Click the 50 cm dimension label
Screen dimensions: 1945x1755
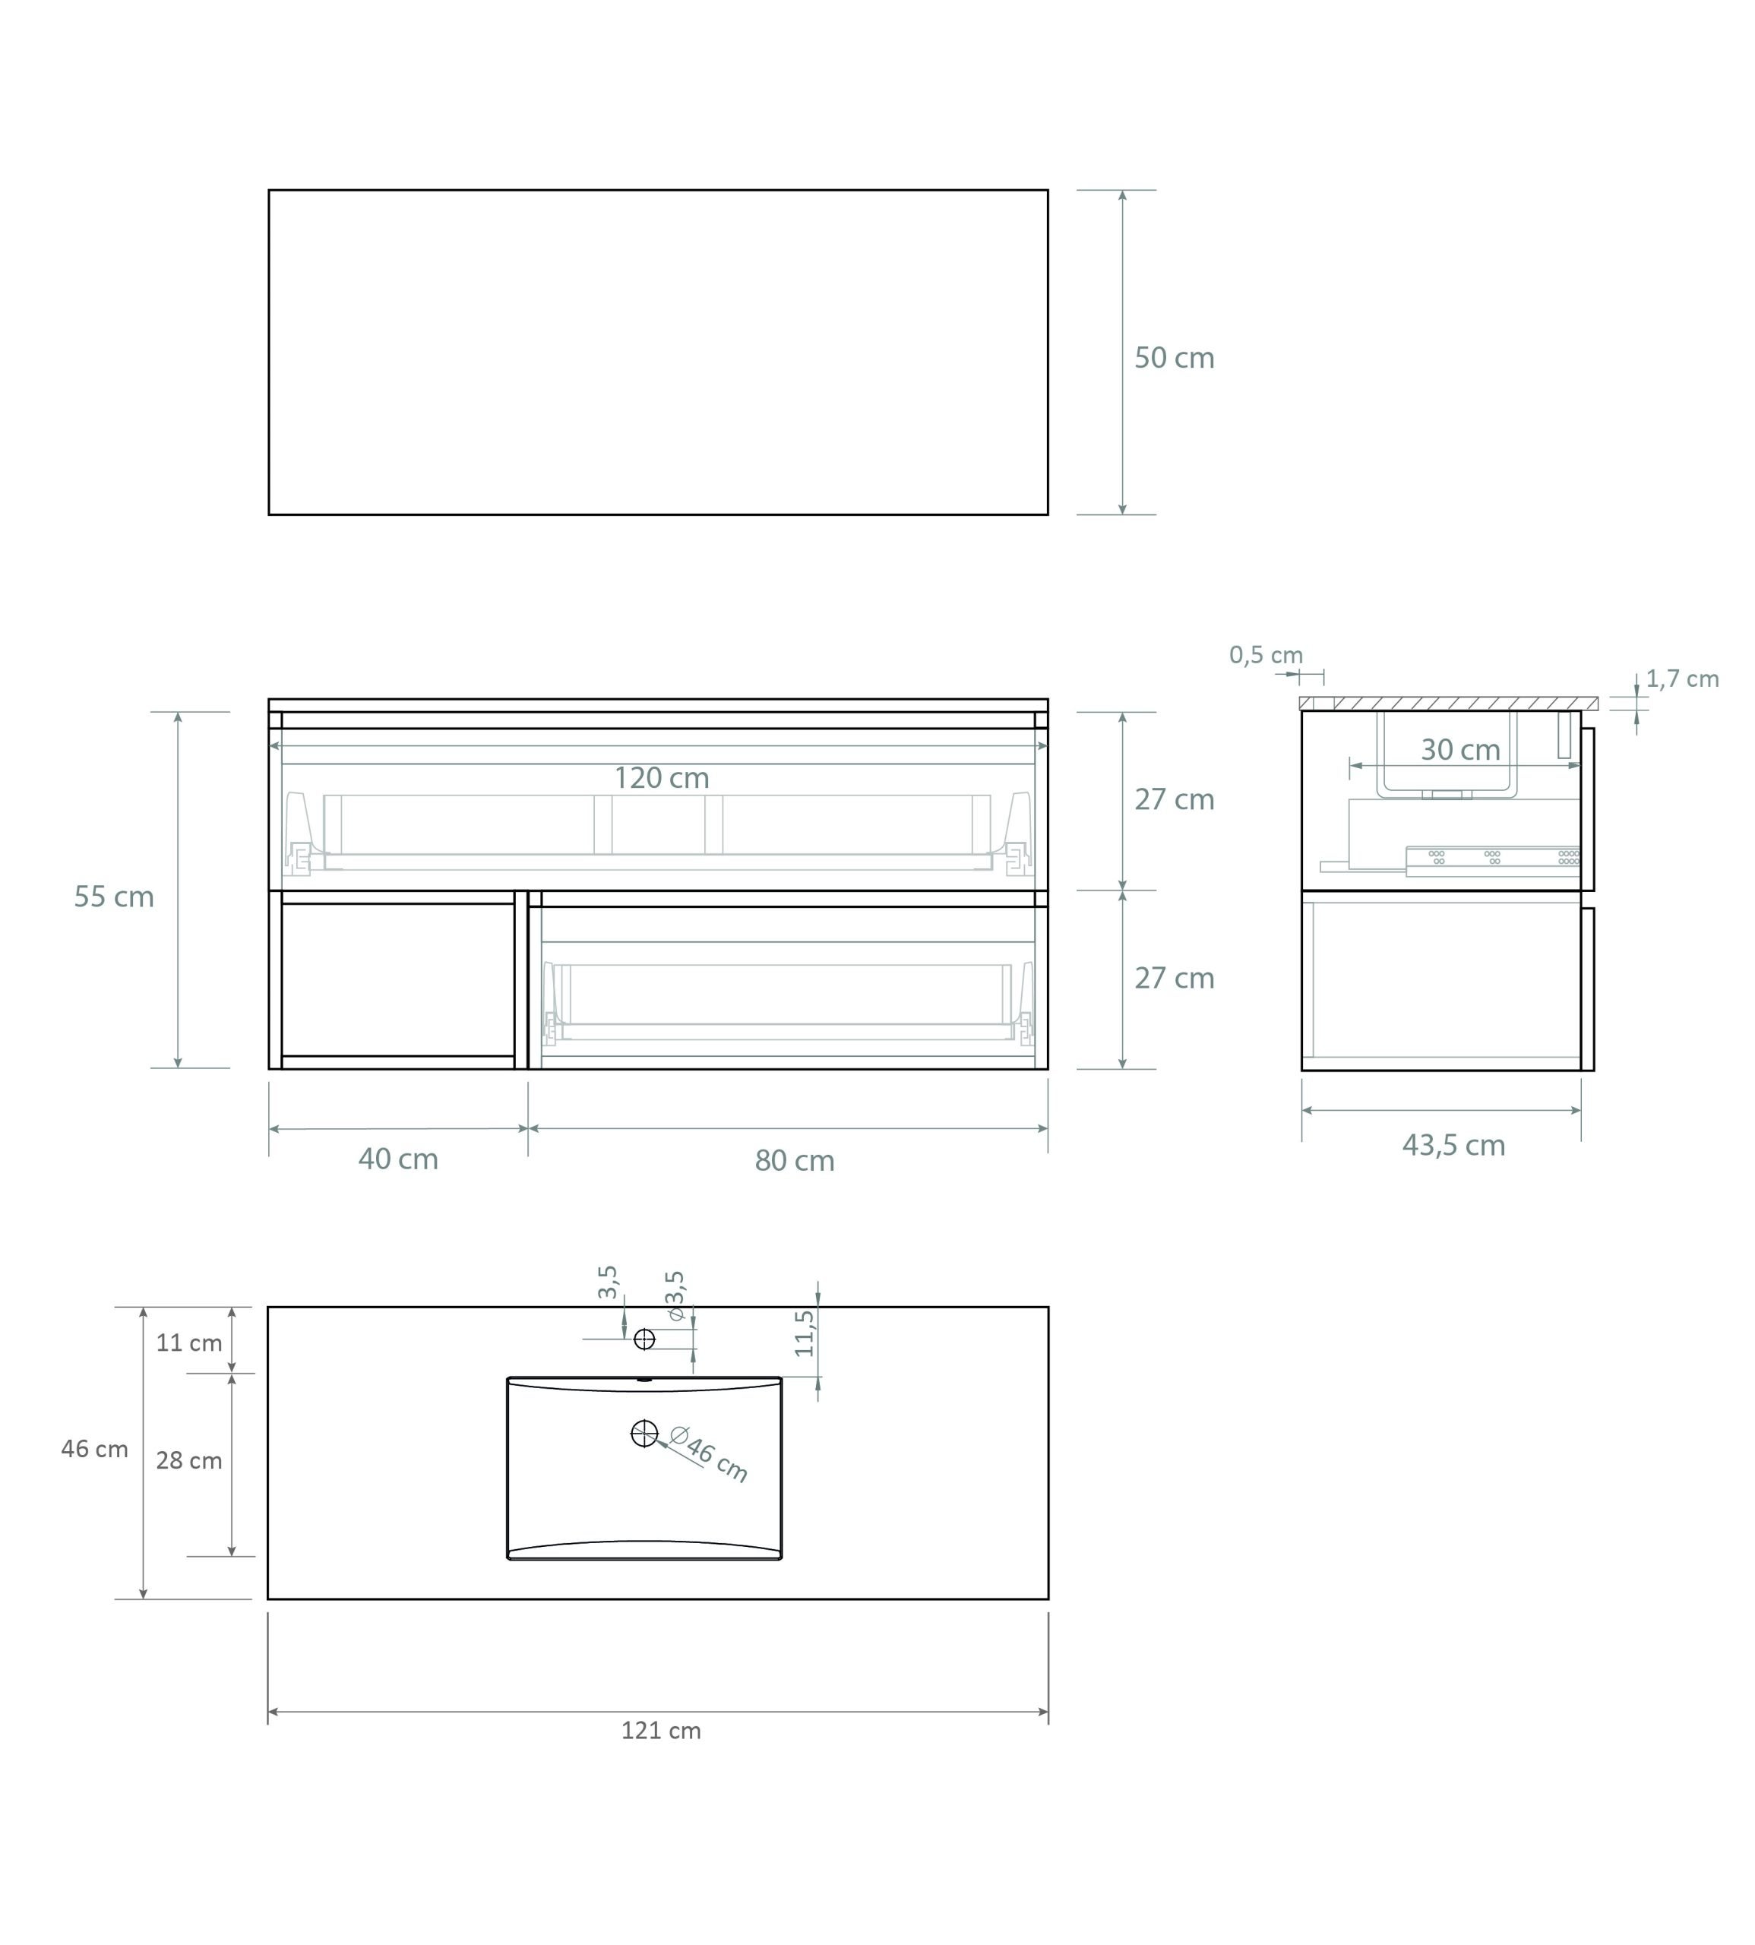1174,358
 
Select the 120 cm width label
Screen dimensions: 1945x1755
662,778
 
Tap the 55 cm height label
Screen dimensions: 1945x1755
114,897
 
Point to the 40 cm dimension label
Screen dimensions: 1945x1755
398,1159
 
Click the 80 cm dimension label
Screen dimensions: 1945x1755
795,1161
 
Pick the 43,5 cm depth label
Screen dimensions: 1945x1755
1453,1146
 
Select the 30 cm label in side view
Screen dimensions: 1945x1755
1460,750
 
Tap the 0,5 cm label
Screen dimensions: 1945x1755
1265,656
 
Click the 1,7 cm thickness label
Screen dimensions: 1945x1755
1682,679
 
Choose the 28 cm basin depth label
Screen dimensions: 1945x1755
189,1461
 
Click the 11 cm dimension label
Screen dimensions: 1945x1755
189,1343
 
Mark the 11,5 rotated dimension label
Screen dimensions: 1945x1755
805,1333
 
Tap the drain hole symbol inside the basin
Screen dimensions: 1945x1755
644,1434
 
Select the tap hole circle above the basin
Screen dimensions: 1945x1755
644,1339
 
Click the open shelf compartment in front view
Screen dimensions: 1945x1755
397,980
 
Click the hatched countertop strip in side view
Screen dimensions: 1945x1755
1447,704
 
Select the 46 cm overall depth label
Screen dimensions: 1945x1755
94,1450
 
